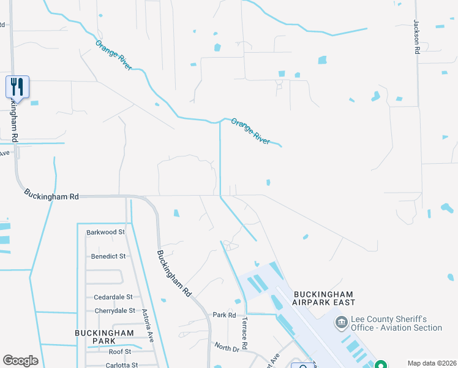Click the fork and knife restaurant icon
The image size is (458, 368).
(x=17, y=86)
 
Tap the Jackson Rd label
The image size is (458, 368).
(x=416, y=37)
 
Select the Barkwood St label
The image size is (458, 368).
(x=105, y=232)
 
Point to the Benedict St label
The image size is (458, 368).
(x=108, y=256)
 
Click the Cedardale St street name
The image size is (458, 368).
(x=109, y=297)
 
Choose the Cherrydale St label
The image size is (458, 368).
(x=110, y=310)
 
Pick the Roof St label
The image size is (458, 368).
(x=119, y=351)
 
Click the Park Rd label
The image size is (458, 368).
(x=224, y=315)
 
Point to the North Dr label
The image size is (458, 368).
(x=227, y=348)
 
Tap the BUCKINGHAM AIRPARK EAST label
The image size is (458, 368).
(x=323, y=297)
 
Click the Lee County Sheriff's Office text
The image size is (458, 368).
(x=396, y=323)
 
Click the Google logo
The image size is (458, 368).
(x=20, y=361)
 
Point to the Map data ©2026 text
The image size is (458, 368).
(x=431, y=363)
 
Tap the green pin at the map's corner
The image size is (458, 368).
(x=380, y=364)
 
